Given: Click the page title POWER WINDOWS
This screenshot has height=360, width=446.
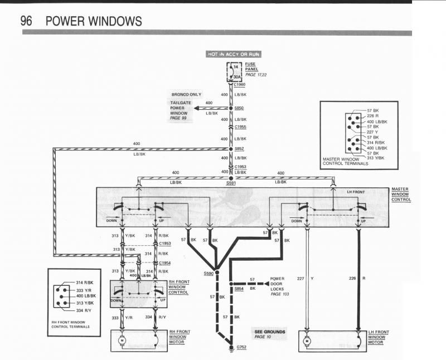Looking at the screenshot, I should point(93,21).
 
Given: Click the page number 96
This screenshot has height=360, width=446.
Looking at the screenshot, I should point(27,21).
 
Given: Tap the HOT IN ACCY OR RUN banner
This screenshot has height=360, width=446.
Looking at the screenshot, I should point(234,54).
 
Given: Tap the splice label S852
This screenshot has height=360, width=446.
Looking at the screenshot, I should point(239,149).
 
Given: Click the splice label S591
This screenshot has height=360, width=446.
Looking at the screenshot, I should point(231,183).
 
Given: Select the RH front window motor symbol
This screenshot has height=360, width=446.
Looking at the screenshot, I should point(123,340).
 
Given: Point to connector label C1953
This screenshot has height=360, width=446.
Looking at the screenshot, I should point(165,244).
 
